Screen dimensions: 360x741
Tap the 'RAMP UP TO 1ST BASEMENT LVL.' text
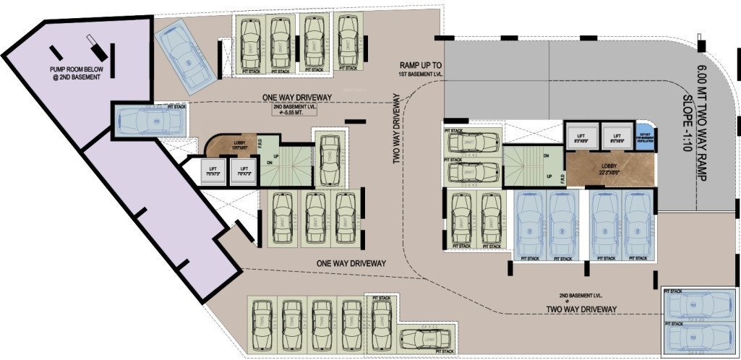(424, 69)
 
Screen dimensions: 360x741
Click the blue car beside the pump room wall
(148, 118)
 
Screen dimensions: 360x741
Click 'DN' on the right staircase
(546, 155)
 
